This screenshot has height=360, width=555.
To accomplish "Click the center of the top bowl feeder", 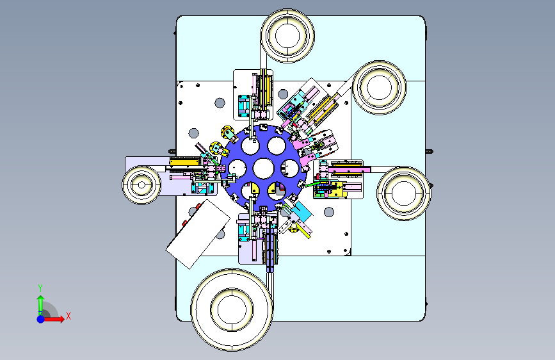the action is pyautogui.click(x=287, y=36).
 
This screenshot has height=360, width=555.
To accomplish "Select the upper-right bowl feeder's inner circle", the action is pyautogui.click(x=380, y=87).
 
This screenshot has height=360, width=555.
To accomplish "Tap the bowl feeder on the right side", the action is pyautogui.click(x=404, y=193).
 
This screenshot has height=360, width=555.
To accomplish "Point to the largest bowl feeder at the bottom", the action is pyautogui.click(x=232, y=309).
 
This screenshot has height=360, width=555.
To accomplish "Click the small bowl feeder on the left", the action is pyautogui.click(x=141, y=185).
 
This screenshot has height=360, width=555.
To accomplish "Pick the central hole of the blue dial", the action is pyautogui.click(x=264, y=168).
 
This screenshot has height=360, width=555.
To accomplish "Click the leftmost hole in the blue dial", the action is pyautogui.click(x=237, y=168).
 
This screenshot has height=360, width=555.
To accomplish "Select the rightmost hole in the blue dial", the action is pyautogui.click(x=290, y=168).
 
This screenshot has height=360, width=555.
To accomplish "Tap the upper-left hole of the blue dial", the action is pyautogui.click(x=250, y=145).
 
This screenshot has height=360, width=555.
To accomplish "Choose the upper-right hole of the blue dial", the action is pyautogui.click(x=277, y=145).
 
